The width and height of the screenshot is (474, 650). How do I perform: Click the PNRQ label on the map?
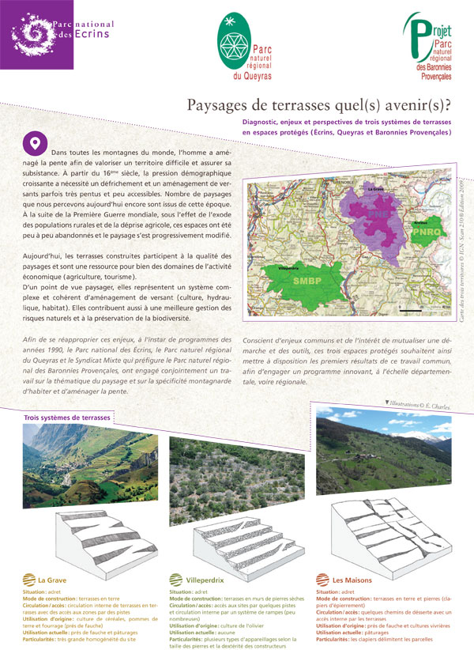(x=425, y=233)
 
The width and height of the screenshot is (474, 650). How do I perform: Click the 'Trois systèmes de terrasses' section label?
(x=66, y=416)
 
